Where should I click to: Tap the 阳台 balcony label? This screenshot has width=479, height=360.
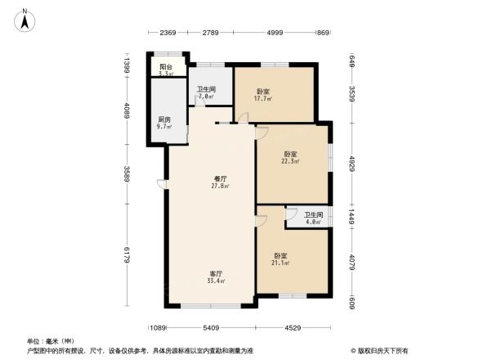tap(165, 67)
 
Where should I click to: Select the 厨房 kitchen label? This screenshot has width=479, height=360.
tap(164, 120)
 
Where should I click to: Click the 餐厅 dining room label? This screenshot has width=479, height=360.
tap(220, 178)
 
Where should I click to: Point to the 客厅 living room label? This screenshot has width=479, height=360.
tap(216, 274)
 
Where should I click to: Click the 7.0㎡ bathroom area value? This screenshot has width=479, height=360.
tap(205, 97)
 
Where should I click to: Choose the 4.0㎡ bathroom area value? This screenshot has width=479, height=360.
tap(314, 222)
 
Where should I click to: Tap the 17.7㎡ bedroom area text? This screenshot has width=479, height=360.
tap(263, 99)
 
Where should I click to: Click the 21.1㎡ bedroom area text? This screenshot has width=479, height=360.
tap(280, 263)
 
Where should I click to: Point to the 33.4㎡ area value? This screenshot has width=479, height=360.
tap(216, 281)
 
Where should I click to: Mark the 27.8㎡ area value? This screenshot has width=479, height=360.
tap(220, 186)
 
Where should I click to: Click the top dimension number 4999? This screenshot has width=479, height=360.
tap(274, 32)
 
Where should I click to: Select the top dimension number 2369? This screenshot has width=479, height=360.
tap(168, 32)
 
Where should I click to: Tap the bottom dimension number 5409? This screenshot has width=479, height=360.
tap(211, 328)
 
